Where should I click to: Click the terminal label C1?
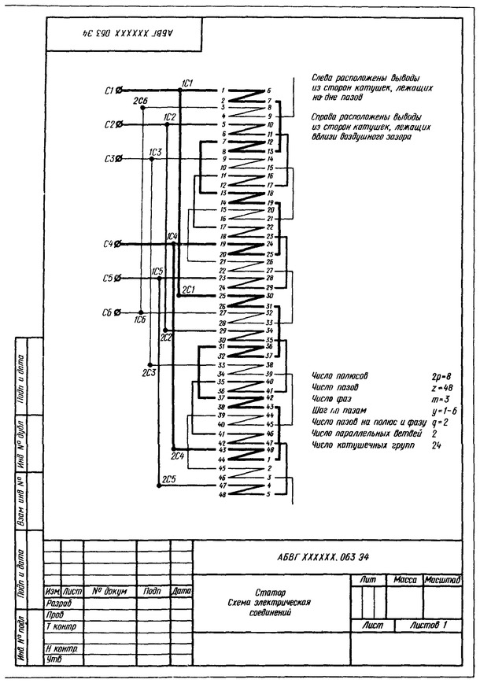pos(109,90)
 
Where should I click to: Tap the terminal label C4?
pos(109,244)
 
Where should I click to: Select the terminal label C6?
pos(109,312)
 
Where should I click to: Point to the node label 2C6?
pos(141,102)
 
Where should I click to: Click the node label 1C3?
pos(155,151)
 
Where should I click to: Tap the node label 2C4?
pos(178,456)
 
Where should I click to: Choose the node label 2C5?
pos(168,478)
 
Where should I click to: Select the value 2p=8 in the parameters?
pos(431,377)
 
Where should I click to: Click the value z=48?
pos(430,388)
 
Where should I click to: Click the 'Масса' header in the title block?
pos(404,580)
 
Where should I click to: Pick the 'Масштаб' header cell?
pos(441,580)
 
